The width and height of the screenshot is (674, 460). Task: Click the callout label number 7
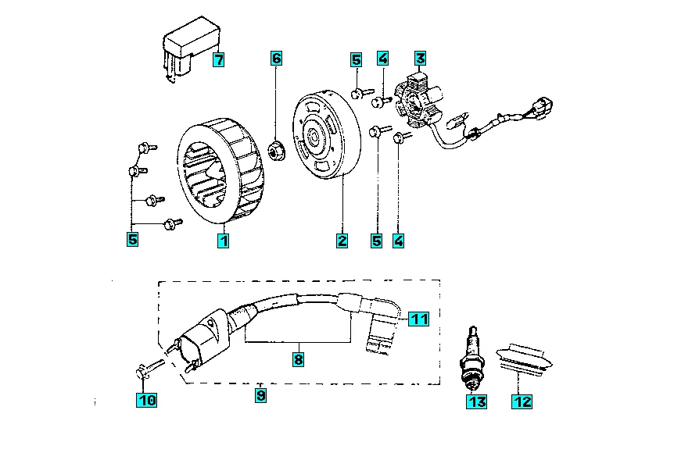pos(219,59)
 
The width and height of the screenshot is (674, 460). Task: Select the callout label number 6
pos(276,58)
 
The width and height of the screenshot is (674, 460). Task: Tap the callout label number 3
pos(420,58)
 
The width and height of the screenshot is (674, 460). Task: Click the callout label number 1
pos(224,241)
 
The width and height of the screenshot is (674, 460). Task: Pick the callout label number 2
pos(342,241)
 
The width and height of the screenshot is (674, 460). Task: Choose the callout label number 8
pos(299,358)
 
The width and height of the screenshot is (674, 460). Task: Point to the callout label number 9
pos(260,394)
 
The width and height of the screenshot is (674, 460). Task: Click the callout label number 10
pos(146,400)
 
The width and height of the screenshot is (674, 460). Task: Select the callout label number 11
pos(418,319)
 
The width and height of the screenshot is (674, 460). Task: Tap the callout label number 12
pos(522,401)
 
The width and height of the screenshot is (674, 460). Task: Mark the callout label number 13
pos(477,401)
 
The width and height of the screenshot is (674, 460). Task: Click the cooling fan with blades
pos(220,171)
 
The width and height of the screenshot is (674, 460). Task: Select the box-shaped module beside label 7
pos(192,48)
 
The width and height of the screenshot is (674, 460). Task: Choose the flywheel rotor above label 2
pos(327,134)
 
